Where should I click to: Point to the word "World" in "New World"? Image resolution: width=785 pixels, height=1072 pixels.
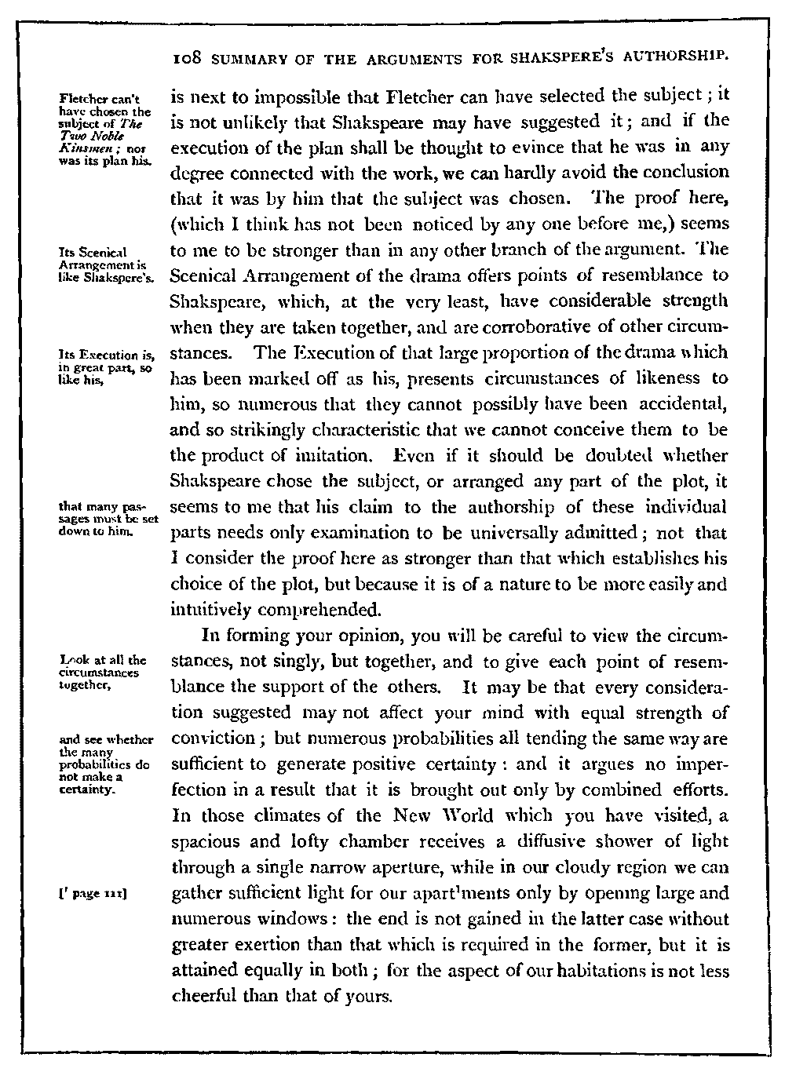(425, 816)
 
